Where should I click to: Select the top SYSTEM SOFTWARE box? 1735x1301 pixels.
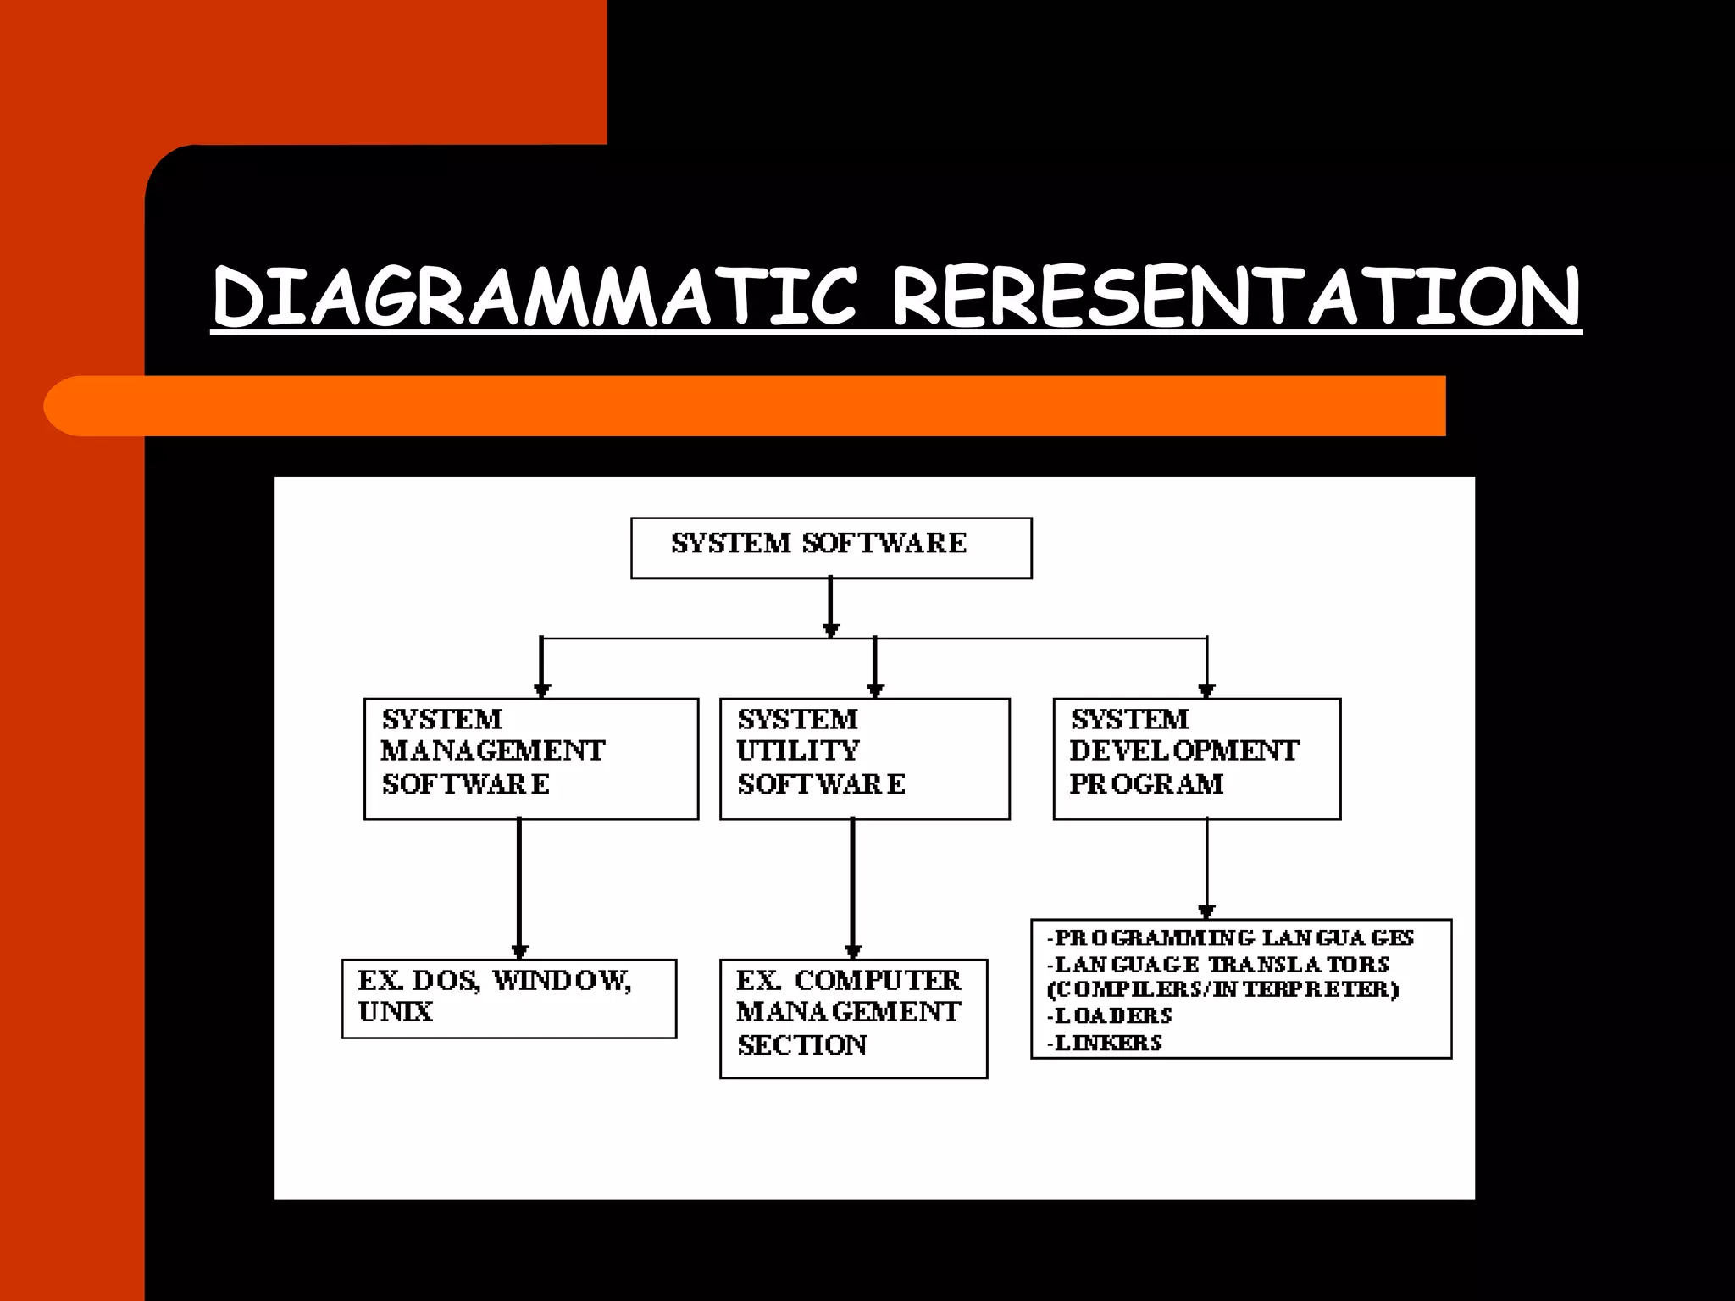830,547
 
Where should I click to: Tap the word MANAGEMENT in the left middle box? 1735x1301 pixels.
493,750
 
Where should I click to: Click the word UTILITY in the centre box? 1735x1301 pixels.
798,750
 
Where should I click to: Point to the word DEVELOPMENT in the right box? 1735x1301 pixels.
1183,750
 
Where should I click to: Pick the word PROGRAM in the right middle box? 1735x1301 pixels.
1146,784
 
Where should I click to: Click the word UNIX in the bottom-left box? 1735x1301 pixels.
396,1012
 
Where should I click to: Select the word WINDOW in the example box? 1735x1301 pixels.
562,981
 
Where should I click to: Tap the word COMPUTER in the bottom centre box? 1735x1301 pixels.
878,981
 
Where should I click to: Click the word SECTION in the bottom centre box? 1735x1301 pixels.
802,1046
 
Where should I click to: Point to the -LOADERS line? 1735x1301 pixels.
1110,1016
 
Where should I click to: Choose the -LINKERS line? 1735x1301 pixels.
1105,1043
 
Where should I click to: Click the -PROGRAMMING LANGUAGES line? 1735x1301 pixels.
1230,938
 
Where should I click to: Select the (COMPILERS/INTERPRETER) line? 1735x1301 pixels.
1223,989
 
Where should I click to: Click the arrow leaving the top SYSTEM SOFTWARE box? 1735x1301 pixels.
830,606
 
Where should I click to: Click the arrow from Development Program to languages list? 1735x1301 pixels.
1207,868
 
